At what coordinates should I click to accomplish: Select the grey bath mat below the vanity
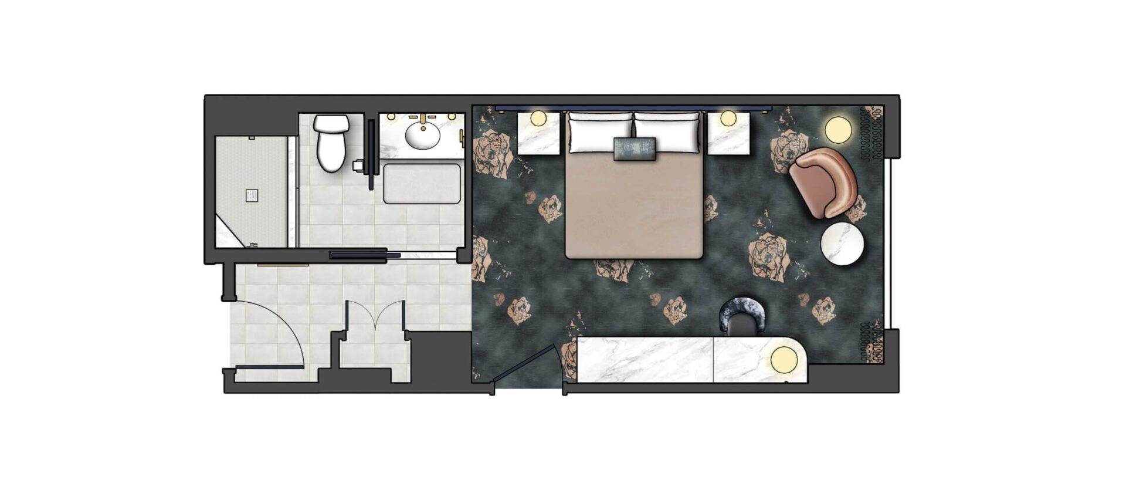click(x=422, y=184)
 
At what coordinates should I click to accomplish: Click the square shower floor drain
click(x=252, y=195)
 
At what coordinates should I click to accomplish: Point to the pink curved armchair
click(x=822, y=182)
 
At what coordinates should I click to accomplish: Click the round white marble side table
click(x=842, y=244)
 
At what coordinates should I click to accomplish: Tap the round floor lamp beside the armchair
click(x=838, y=130)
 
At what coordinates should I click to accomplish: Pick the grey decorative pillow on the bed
click(x=635, y=148)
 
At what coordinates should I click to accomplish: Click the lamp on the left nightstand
click(x=538, y=118)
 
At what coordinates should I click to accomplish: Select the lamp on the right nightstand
click(x=728, y=118)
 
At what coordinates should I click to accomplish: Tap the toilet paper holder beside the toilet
click(x=358, y=165)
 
